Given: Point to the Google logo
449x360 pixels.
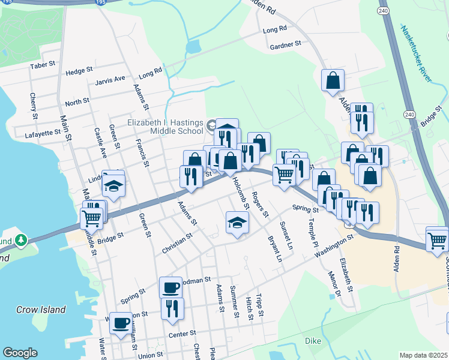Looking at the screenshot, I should pos(20,353).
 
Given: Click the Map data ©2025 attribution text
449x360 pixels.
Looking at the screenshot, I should pos(423,355).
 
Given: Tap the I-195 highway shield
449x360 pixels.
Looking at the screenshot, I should pos(100,2).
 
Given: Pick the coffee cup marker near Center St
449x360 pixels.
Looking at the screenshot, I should pos(121,323).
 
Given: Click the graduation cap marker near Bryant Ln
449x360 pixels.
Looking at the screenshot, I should pos(237,223).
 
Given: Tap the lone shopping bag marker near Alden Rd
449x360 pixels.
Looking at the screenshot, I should pos(333,80).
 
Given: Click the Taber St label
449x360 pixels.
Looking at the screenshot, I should pos(43,65).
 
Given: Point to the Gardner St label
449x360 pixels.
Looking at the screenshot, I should pos(285,45).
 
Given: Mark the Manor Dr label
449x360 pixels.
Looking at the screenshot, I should pos(334,284).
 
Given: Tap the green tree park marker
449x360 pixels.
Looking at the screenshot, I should pos(22,241).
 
